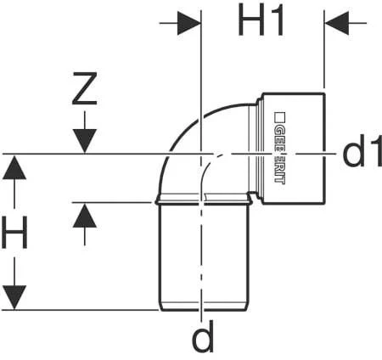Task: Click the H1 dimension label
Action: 262,23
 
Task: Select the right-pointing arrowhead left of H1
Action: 188,23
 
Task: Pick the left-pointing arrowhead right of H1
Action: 337,23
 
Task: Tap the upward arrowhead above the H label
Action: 14,168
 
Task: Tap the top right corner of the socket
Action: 323,93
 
